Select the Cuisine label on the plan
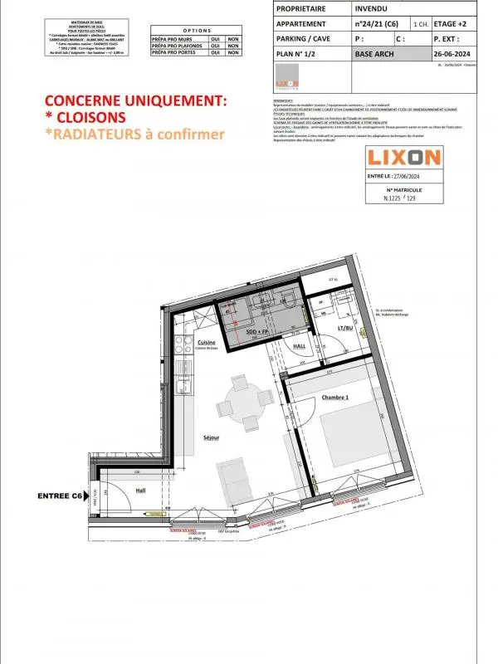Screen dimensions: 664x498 click(x=207, y=342)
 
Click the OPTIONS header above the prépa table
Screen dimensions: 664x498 click(x=197, y=28)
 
